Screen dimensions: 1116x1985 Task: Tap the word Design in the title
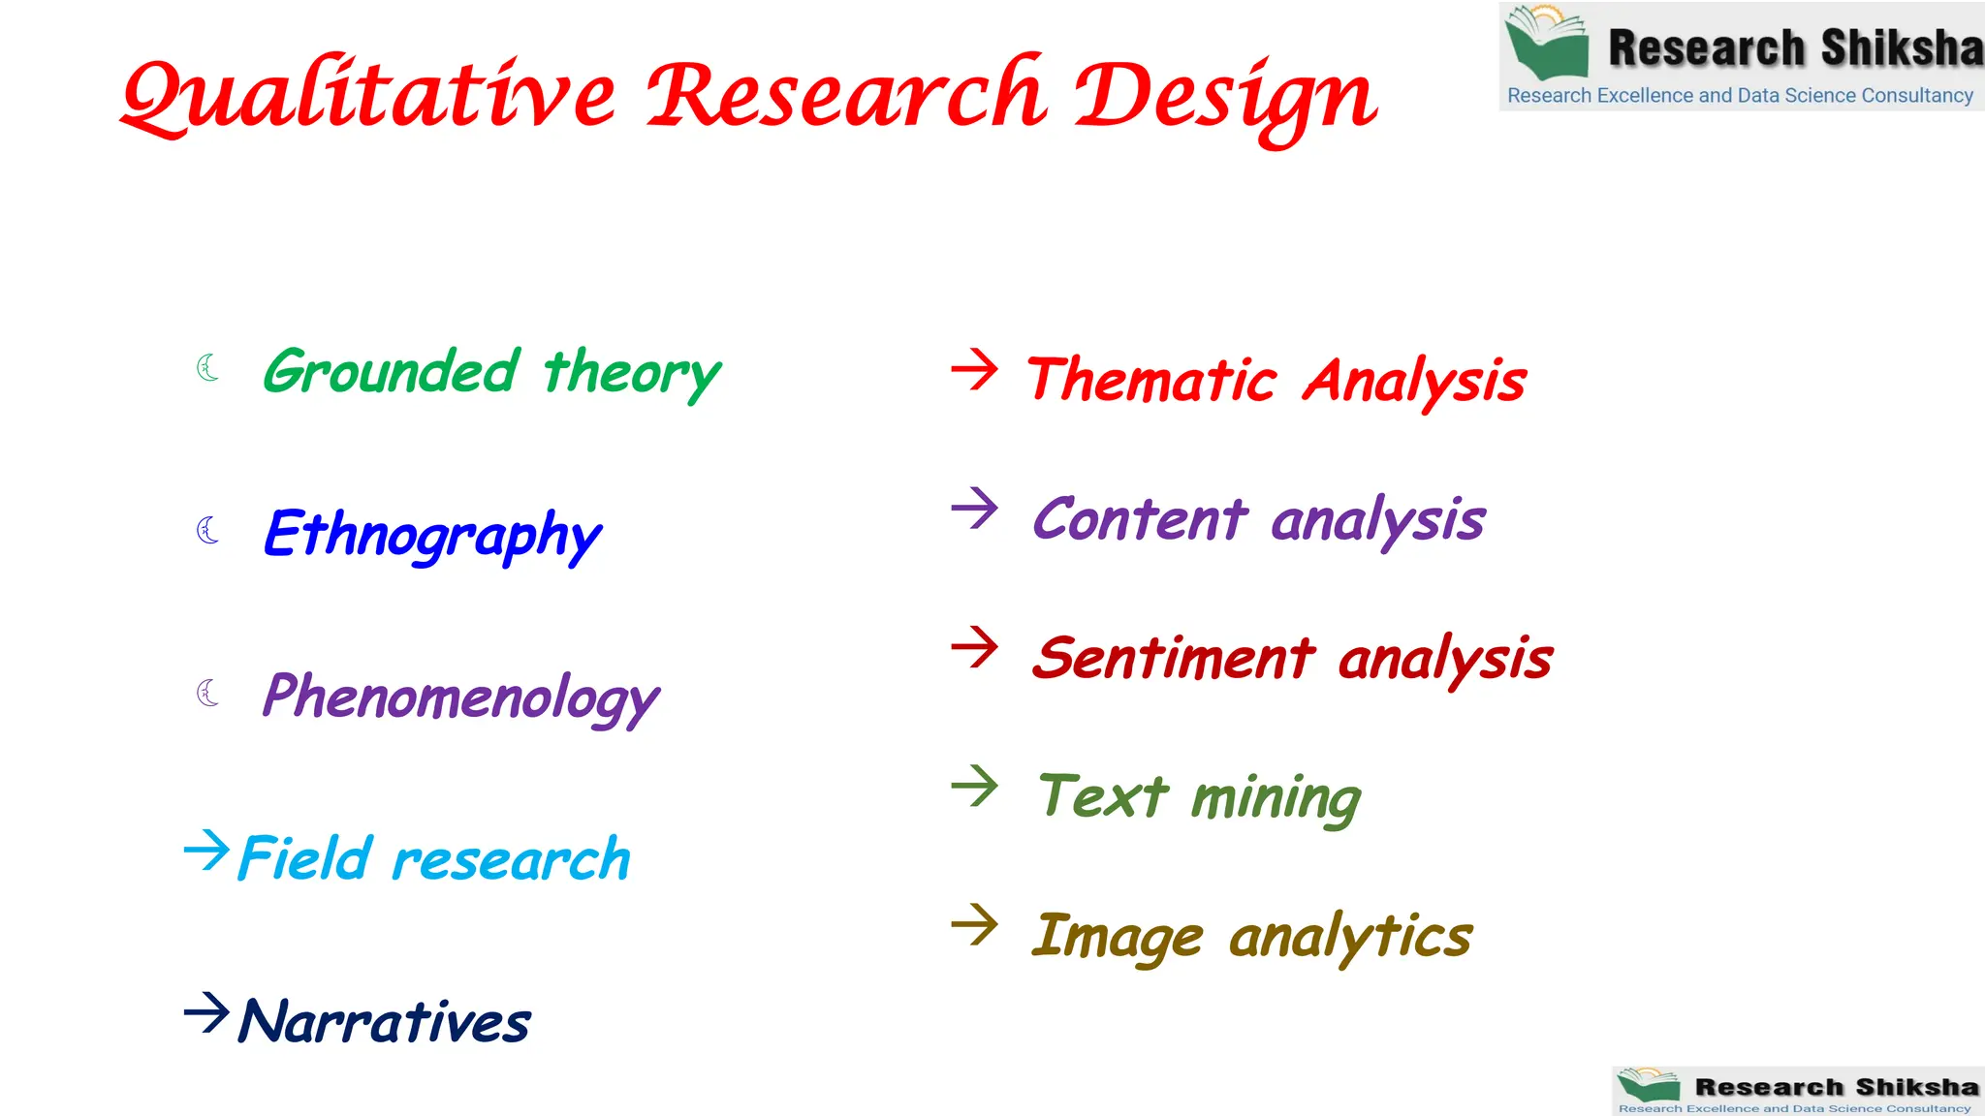coord(1226,97)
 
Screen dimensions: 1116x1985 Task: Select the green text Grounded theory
coord(491,373)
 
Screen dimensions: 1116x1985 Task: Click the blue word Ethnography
coord(432,535)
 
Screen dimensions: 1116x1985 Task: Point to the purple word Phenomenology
coord(460,697)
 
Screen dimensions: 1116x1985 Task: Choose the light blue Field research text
coord(434,859)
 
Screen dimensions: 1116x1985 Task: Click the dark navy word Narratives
coord(385,1022)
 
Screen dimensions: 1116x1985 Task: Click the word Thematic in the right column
coord(1151,380)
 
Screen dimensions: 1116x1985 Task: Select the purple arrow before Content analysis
coord(974,508)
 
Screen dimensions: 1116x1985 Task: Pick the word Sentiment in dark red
coord(1174,659)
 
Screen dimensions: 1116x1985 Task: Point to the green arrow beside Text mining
coord(974,786)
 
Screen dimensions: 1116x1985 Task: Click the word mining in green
coord(1276,799)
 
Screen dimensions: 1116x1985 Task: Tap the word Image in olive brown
coord(1117,937)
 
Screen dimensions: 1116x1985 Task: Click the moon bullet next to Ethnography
coord(207,530)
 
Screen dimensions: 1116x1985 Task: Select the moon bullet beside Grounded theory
coord(207,367)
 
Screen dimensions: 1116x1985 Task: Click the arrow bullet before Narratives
coord(206,1013)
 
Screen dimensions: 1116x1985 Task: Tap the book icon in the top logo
coord(1548,42)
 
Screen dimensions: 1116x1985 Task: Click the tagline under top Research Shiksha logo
coord(1740,96)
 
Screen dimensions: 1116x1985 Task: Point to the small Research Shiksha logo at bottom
coord(1797,1091)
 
